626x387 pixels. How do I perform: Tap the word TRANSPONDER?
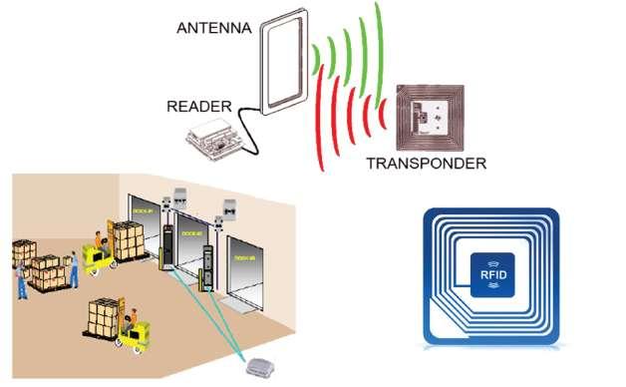point(426,163)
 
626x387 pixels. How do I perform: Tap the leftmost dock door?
point(145,232)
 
